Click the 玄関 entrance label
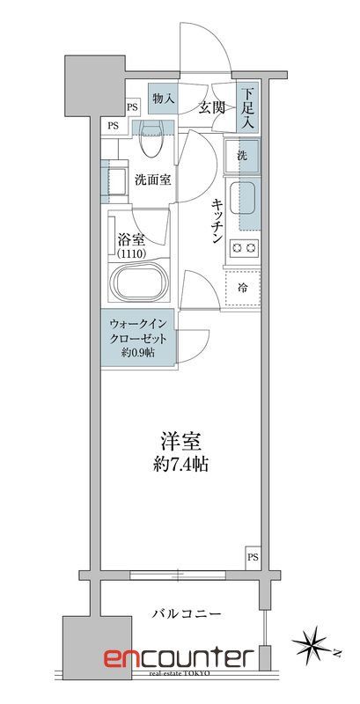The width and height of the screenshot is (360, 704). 211,107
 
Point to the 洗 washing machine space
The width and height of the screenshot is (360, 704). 241,155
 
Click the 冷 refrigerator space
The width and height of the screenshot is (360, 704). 241,287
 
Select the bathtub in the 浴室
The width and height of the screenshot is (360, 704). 139,283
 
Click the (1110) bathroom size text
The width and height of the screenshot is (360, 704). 135,253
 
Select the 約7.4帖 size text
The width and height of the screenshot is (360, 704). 180,464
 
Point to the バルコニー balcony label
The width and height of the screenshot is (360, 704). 186,613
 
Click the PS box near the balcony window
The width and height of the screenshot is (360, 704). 253,557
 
